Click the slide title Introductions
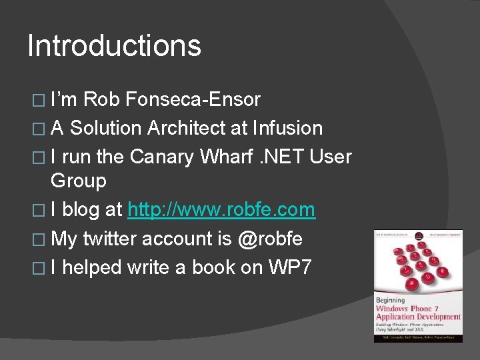tap(114, 46)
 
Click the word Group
tap(79, 181)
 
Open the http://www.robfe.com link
tap(221, 209)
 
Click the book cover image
tap(418, 286)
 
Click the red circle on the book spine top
tap(418, 236)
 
